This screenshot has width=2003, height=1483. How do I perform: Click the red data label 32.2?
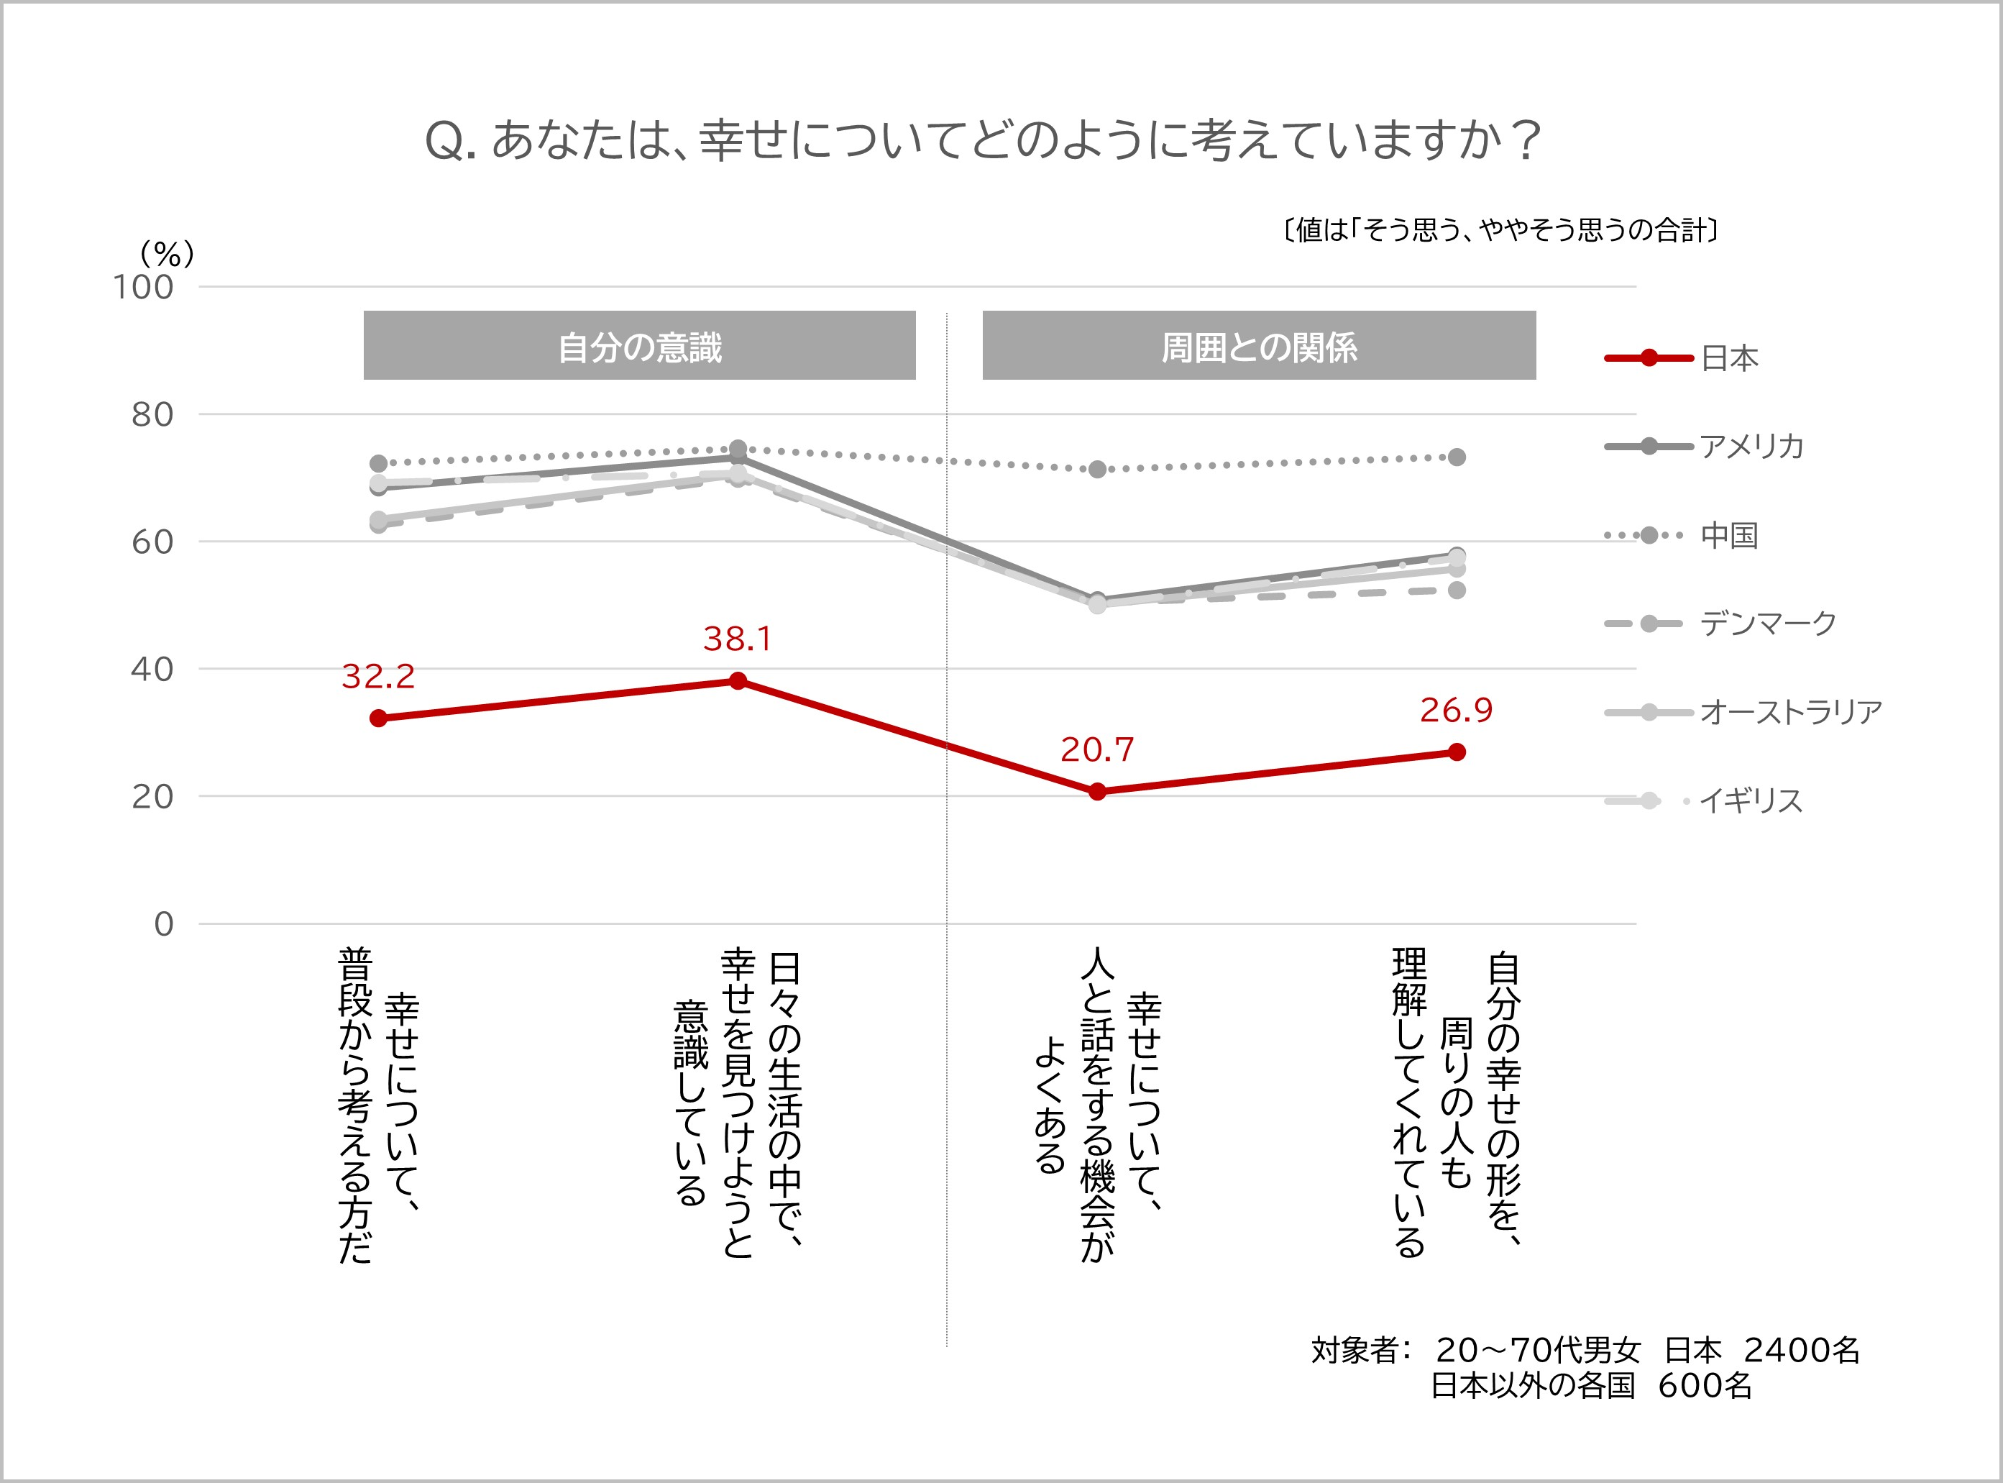pos(377,676)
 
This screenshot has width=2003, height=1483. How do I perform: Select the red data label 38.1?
pos(737,638)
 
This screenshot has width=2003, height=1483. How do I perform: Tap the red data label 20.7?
pos(1096,749)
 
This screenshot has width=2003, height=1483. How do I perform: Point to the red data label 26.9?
pos(1456,710)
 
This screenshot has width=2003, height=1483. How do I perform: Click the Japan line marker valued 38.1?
pos(738,680)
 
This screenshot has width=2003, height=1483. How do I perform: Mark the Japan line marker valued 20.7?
pos(1096,791)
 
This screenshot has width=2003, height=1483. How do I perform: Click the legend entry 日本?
pos(1728,358)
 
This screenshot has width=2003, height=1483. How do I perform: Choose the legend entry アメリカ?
pos(1751,446)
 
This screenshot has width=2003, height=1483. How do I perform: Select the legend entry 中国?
pos(1728,535)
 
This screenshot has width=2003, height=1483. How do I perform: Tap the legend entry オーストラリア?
pos(1790,712)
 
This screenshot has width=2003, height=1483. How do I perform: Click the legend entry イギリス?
pos(1751,800)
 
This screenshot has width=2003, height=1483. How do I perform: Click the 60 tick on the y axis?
pos(152,542)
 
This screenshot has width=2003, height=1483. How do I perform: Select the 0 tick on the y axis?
pos(163,923)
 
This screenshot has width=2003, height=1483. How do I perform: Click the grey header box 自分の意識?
pos(639,346)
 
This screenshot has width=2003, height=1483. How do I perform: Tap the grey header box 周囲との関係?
pos(1258,346)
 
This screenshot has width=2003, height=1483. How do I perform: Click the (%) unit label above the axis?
pos(167,254)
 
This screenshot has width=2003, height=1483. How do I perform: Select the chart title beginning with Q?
pos(982,141)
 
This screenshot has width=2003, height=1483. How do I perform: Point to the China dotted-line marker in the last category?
pos(1457,457)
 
